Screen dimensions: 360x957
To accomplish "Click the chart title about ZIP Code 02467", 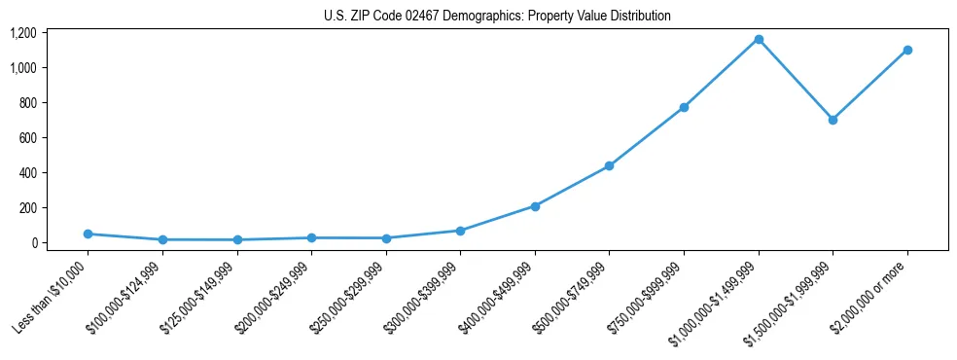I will click(497, 17).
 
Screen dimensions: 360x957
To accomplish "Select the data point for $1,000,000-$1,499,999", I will click(759, 39).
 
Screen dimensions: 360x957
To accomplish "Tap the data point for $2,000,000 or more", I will click(907, 50).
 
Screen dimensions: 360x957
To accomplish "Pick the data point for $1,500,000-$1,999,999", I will click(833, 120).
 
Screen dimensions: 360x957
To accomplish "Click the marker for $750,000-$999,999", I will click(684, 107).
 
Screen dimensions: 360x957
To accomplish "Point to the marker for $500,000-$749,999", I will click(609, 166).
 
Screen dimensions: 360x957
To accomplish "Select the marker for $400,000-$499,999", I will click(535, 206).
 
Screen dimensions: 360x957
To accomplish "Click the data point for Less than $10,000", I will click(89, 234).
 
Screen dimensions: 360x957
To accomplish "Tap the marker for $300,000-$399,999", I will click(460, 231).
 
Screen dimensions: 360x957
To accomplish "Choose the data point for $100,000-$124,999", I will click(162, 239).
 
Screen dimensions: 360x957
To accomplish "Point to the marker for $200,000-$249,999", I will click(311, 237).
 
